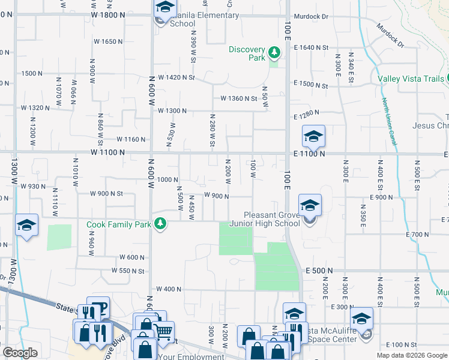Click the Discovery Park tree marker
(x=274, y=53)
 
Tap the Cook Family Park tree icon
(x=160, y=224)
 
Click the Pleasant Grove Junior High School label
(x=271, y=219)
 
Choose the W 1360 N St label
(x=239, y=98)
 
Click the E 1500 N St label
(x=311, y=85)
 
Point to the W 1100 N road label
(x=108, y=153)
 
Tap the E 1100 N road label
(x=309, y=154)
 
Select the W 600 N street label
(x=132, y=257)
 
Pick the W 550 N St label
(x=128, y=271)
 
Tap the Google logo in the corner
(x=20, y=353)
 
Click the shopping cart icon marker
(x=164, y=330)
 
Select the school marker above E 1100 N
(x=313, y=137)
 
